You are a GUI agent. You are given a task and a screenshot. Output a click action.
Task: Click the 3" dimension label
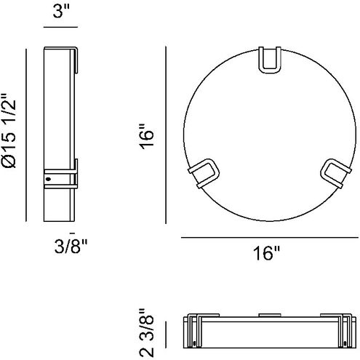pos(61,11)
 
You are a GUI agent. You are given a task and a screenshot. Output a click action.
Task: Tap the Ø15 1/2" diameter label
pos(9,130)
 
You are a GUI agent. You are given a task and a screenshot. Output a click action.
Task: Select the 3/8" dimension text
pos(71,247)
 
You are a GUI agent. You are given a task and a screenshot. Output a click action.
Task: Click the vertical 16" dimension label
pos(147,136)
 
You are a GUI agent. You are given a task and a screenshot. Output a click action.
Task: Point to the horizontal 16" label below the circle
pos(266,253)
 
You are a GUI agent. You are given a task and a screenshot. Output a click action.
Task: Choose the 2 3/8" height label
pos(147,332)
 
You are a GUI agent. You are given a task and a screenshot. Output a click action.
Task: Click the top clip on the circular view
pos(270,60)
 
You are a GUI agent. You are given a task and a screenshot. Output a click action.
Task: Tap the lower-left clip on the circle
pos(204,173)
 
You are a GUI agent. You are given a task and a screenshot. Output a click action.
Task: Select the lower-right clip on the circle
pos(336,172)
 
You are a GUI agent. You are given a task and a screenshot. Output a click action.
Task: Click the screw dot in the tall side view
pos(48,180)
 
